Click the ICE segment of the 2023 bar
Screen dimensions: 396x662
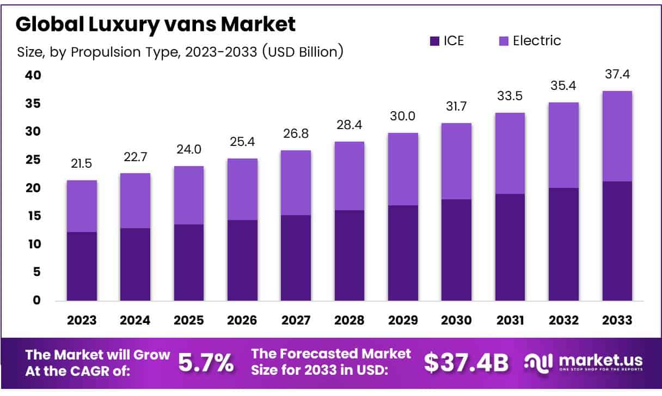[82, 266]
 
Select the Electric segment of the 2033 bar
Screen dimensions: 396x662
[617, 136]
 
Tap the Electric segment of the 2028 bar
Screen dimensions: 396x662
[349, 176]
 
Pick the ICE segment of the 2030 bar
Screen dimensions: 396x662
[456, 250]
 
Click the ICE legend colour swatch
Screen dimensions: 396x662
[434, 41]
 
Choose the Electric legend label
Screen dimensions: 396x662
[537, 41]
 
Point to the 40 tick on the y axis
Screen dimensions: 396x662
[33, 75]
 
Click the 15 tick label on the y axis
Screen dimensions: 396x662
[33, 216]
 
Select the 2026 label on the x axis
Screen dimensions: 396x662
[242, 320]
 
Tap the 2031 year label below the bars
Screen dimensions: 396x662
[510, 320]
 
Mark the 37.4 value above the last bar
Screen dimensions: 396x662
[617, 75]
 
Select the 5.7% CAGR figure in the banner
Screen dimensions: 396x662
[206, 362]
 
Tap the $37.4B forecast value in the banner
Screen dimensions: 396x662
[466, 362]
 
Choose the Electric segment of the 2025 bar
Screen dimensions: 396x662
[189, 195]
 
